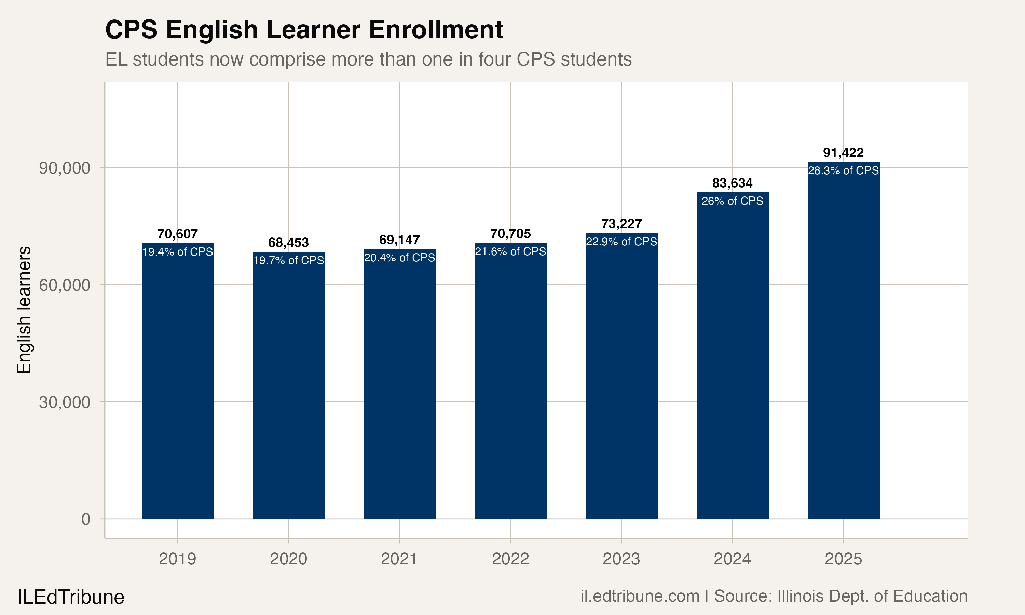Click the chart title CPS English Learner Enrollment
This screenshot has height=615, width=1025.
point(304,30)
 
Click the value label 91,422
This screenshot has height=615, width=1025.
point(843,153)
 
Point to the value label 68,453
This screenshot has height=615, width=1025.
point(288,243)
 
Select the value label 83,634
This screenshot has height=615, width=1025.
point(732,183)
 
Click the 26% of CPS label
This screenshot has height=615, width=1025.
point(732,201)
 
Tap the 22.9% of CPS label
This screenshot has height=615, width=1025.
point(621,242)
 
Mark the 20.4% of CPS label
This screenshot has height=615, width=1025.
point(399,258)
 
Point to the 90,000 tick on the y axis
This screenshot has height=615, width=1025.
point(64,168)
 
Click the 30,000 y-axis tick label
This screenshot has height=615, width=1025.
point(64,402)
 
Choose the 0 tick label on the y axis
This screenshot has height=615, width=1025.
point(85,519)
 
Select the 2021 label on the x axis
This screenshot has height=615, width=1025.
point(399,559)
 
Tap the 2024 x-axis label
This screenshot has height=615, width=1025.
point(732,559)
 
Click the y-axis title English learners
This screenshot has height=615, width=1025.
point(24,310)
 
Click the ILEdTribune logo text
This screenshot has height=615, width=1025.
point(71,597)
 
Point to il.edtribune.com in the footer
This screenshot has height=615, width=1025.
point(640,596)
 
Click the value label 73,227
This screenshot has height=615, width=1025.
point(621,224)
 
